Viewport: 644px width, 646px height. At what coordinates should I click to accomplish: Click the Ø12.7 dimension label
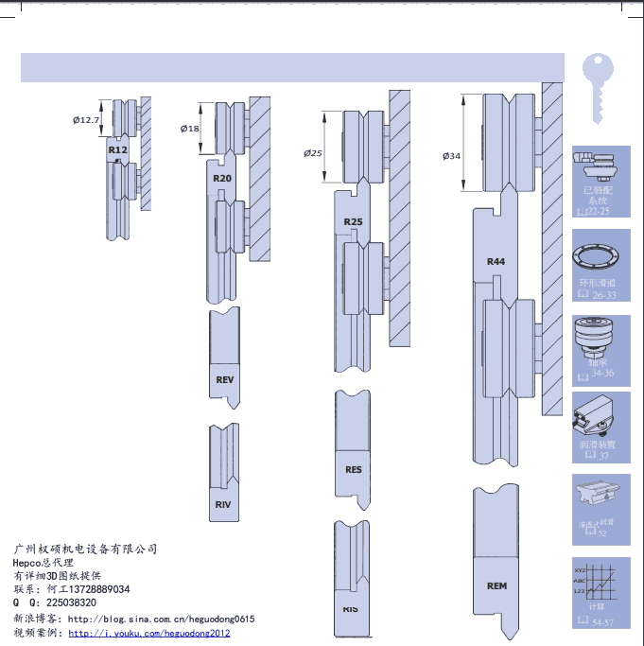86,120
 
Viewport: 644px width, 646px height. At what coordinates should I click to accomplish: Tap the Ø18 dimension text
190,129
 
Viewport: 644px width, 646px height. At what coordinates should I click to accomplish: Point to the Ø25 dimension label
313,152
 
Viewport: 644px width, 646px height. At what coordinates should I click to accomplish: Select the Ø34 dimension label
451,156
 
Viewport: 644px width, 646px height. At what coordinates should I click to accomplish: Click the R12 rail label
117,150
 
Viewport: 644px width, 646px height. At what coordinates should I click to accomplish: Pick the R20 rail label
222,179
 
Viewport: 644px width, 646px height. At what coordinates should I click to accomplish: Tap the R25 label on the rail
353,221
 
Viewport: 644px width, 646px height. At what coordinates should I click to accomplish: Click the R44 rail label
496,261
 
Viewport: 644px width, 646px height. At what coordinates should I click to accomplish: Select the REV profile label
224,380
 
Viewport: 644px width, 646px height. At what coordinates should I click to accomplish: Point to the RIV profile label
223,505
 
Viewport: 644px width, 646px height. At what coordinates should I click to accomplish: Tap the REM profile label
496,586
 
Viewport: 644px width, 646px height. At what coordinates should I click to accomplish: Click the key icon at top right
598,87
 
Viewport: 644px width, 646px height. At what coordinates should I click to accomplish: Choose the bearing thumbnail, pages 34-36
601,344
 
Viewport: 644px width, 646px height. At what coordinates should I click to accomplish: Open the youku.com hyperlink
149,633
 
